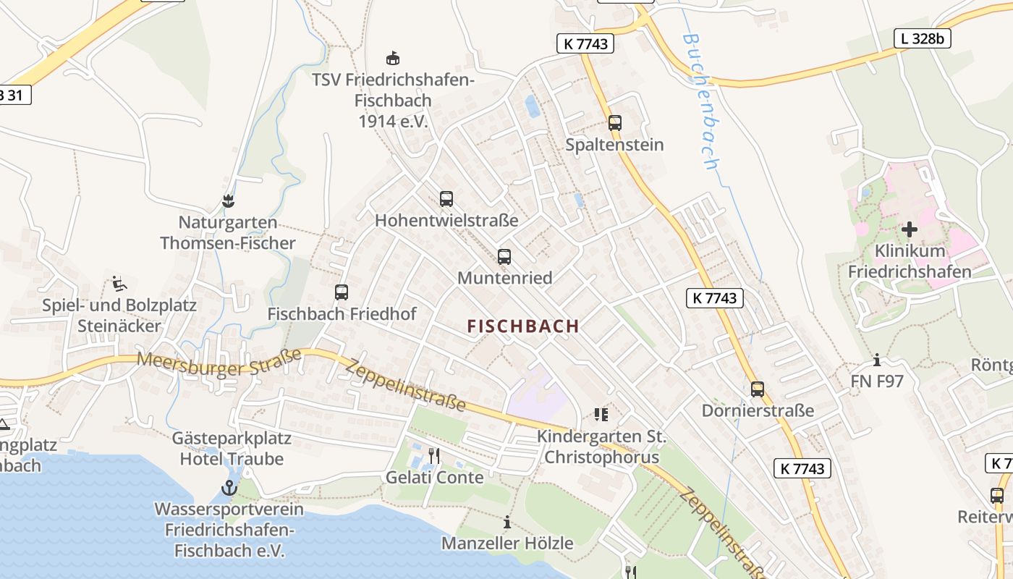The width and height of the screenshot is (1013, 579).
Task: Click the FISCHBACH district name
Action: [x=523, y=326]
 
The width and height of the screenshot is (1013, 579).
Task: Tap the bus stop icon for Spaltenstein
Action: [x=614, y=123]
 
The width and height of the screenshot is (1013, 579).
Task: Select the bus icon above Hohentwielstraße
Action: [x=446, y=199]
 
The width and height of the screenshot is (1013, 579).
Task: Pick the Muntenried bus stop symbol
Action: [x=504, y=257]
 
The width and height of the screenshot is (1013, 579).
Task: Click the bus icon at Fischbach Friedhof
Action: [x=342, y=292]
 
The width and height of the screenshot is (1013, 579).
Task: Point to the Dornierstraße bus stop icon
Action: [x=758, y=389]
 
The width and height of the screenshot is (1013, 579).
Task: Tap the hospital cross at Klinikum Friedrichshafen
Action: [x=910, y=229]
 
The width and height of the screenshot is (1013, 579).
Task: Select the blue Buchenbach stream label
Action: [x=700, y=101]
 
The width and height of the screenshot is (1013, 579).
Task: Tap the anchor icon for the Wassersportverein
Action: [x=229, y=488]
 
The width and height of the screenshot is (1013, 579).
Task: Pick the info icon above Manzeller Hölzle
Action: [x=507, y=522]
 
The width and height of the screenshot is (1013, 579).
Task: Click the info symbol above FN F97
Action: [x=877, y=360]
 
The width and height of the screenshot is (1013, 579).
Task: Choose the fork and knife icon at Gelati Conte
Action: [x=434, y=456]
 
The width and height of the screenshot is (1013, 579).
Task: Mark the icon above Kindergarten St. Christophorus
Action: [x=601, y=415]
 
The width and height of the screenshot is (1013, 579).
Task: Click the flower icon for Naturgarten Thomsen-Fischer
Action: [x=229, y=200]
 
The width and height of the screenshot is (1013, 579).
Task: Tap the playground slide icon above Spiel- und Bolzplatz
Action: [x=119, y=283]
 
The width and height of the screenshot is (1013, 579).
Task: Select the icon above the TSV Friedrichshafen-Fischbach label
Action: [x=393, y=58]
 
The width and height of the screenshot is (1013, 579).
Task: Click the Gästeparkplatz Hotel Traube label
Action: [x=232, y=449]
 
